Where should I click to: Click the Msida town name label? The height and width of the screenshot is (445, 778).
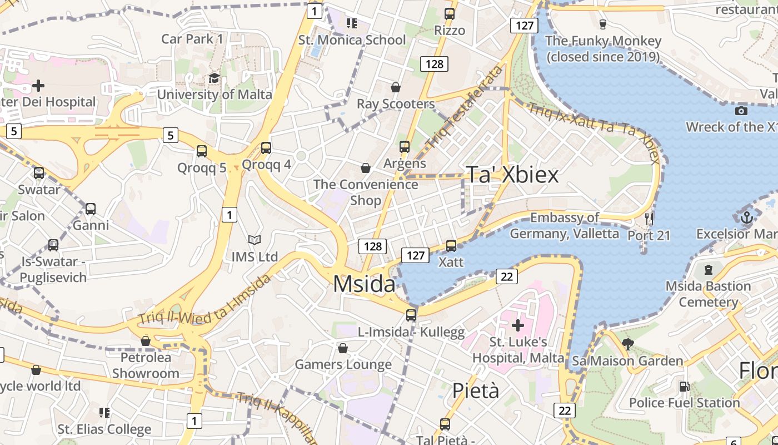pyautogui.click(x=364, y=284)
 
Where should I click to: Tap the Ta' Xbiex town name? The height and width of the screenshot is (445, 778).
pyautogui.click(x=512, y=175)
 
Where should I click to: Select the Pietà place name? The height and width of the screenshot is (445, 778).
pyautogui.click(x=475, y=390)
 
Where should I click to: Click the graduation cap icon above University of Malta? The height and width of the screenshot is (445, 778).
pyautogui.click(x=215, y=78)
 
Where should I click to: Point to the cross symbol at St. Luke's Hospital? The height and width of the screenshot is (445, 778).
pyautogui.click(x=517, y=325)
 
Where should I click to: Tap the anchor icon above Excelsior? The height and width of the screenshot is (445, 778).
pyautogui.click(x=747, y=217)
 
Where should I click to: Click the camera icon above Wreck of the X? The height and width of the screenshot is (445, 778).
pyautogui.click(x=741, y=111)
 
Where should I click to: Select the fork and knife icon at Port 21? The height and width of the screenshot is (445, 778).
pyautogui.click(x=649, y=219)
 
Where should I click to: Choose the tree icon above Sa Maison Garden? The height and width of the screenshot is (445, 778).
pyautogui.click(x=628, y=344)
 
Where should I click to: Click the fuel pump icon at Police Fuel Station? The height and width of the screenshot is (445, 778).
pyautogui.click(x=684, y=386)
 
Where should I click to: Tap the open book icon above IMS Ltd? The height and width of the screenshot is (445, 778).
pyautogui.click(x=255, y=240)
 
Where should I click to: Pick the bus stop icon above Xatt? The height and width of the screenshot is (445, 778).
pyautogui.click(x=451, y=245)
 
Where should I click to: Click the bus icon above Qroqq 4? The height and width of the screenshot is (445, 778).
pyautogui.click(x=266, y=148)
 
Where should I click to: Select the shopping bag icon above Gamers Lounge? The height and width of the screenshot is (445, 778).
pyautogui.click(x=343, y=348)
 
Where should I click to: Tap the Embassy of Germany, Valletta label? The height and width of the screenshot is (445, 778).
pyautogui.click(x=564, y=225)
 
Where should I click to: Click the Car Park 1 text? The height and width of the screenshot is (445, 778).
pyautogui.click(x=192, y=39)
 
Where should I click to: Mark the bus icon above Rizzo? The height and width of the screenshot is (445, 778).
pyautogui.click(x=450, y=14)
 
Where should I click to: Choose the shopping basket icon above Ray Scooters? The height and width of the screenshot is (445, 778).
pyautogui.click(x=396, y=87)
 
